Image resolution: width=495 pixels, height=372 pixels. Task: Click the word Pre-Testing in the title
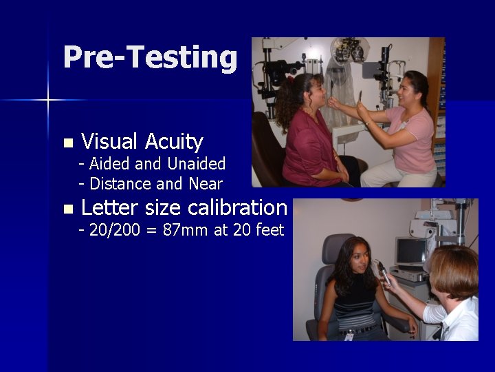coord(149,58)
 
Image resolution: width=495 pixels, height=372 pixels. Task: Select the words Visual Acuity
coord(142,142)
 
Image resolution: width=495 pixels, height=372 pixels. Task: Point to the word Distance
coord(121,184)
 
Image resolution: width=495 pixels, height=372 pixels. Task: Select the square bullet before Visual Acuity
coord(67,143)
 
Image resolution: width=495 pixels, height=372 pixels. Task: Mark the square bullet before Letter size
coord(67,209)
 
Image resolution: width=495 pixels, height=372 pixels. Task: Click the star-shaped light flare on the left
coord(48,101)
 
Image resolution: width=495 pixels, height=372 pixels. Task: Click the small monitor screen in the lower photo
coord(410,251)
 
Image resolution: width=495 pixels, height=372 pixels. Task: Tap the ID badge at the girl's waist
coord(349,335)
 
